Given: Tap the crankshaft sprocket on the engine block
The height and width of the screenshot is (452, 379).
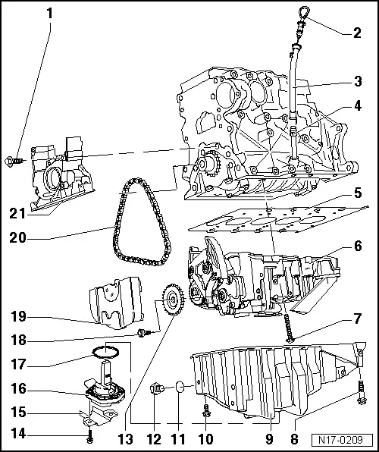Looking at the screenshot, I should pos(206,164).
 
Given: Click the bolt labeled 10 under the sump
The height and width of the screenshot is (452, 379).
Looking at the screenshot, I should pos(206,411).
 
